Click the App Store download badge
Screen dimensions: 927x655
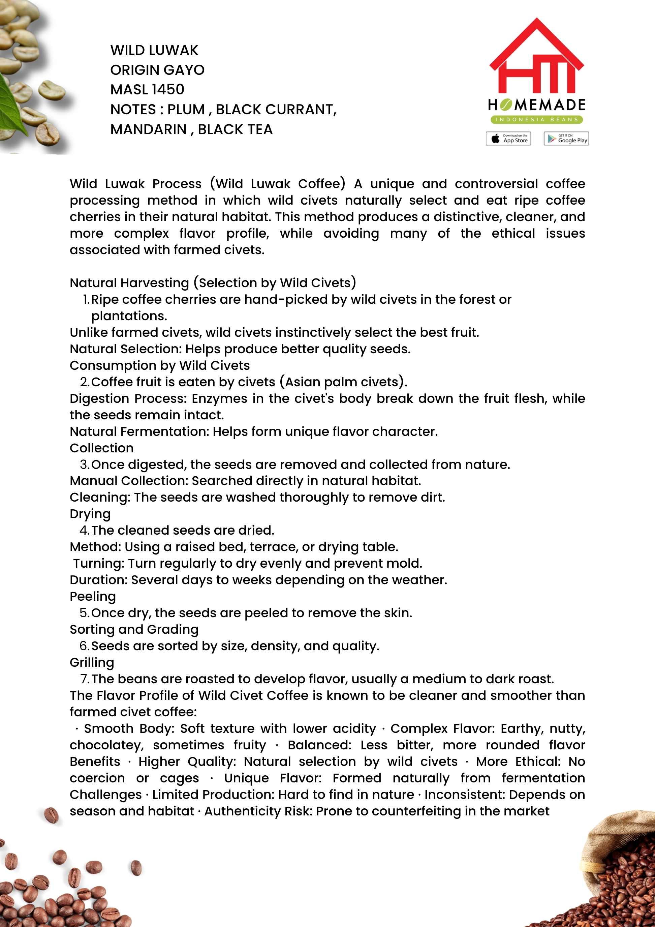(508, 139)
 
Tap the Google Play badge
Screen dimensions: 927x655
(566, 139)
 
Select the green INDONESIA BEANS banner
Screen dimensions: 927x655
(536, 120)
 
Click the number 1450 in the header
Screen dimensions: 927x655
(168, 89)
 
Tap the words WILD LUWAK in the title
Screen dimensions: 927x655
(154, 50)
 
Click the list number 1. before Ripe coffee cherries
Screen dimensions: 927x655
(86, 299)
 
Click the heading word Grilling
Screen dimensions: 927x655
(92, 662)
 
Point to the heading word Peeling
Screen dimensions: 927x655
(93, 596)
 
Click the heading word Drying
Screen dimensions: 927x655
(90, 514)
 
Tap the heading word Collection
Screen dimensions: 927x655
(102, 448)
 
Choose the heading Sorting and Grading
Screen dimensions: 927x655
(134, 629)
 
